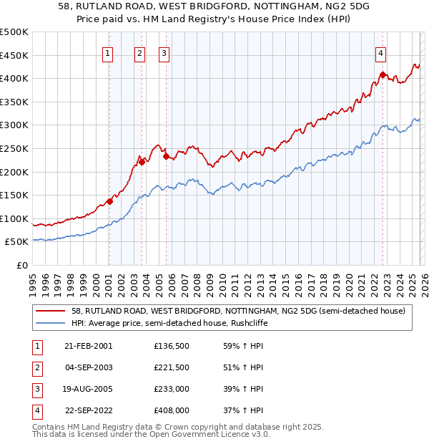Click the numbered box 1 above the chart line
(108, 52)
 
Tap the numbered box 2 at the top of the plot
(140, 52)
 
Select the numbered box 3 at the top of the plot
(164, 52)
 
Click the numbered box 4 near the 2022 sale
(382, 52)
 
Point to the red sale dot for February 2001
(109, 201)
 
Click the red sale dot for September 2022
(383, 74)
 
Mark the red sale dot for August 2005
(166, 156)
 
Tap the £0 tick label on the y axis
(21, 266)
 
